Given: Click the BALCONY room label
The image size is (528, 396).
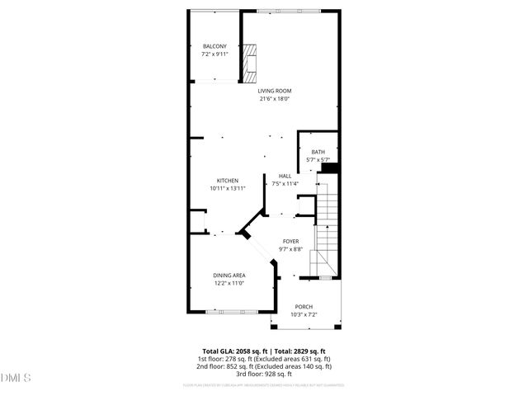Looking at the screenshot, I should (215, 45).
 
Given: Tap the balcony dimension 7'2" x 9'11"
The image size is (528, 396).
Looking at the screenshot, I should (215, 54).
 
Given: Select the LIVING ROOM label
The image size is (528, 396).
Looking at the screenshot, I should (275, 91).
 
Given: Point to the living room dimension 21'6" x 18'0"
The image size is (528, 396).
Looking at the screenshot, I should (275, 99).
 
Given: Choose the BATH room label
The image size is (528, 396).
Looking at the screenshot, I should (318, 151).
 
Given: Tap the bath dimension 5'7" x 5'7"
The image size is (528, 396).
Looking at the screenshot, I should (318, 159).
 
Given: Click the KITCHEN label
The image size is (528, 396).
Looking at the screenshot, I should (228, 181).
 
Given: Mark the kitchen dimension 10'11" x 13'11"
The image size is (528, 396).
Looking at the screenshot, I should (228, 189).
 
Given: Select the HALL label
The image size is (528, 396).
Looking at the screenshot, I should (285, 176).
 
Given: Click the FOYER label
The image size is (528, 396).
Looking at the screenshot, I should (291, 240).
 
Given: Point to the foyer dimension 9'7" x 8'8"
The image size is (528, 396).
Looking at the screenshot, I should (291, 248).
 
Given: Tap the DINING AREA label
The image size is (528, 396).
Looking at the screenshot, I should (229, 276).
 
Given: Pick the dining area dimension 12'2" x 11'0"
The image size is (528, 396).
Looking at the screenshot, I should (229, 284).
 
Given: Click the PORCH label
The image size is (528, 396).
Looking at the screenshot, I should (303, 306).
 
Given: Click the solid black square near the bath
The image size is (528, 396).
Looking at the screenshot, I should (330, 168).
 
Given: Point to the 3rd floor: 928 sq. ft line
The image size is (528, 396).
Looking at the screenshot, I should (264, 375).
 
